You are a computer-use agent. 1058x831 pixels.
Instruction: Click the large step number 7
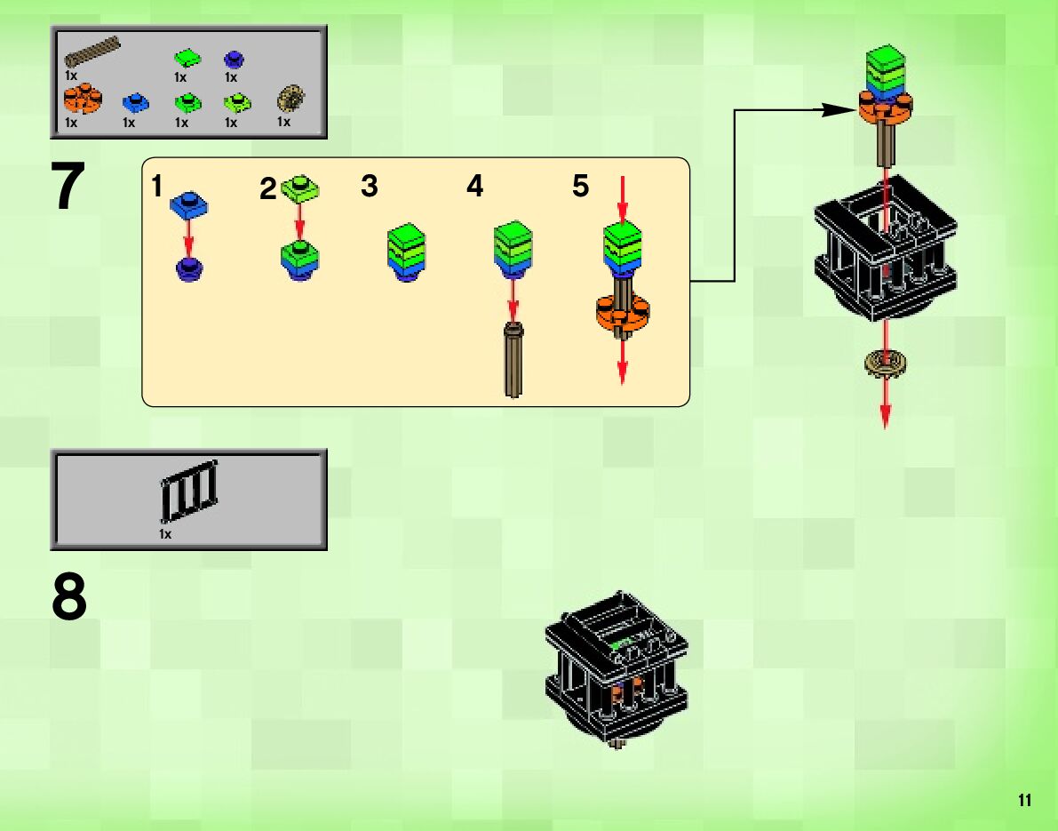point(68,188)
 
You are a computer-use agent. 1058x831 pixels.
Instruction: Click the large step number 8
point(69,598)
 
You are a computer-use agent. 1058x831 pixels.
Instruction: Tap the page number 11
point(1024,801)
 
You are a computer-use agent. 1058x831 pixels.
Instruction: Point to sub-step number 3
point(370,187)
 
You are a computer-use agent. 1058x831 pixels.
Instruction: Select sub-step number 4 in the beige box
point(475,187)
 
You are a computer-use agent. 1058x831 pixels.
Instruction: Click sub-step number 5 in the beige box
point(580,187)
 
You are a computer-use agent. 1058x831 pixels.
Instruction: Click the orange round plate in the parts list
point(83,100)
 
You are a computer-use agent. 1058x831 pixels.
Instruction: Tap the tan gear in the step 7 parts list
point(289,98)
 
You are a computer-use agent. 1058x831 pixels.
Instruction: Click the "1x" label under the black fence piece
point(165,534)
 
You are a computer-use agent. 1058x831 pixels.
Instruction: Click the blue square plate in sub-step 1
point(188,204)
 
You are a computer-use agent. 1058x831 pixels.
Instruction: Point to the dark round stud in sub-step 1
point(188,268)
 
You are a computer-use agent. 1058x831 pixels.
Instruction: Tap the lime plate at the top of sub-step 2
point(300,187)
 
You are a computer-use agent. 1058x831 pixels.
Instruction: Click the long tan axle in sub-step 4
point(513,360)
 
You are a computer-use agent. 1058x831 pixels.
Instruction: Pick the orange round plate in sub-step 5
point(622,314)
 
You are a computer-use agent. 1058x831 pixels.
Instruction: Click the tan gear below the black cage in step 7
point(885,361)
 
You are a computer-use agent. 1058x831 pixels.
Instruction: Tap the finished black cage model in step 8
point(617,671)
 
